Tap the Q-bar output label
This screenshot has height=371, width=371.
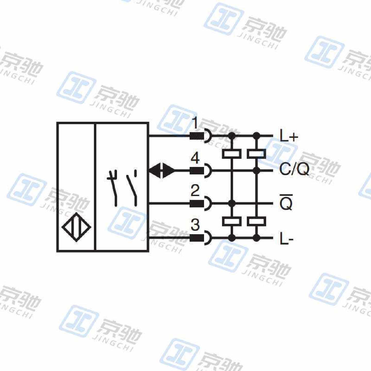286,202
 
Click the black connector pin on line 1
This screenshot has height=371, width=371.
197,136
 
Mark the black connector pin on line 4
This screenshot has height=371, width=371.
197,170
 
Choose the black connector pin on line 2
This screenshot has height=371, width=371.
197,204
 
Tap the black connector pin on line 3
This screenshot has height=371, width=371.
197,238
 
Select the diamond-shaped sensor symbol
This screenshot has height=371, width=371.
77,227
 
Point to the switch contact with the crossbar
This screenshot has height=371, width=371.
114,188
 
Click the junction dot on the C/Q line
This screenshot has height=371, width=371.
256,170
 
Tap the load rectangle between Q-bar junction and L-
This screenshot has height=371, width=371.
232,221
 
